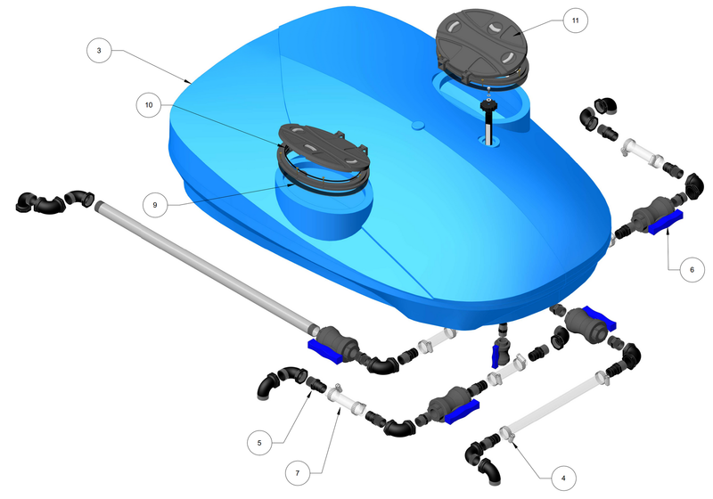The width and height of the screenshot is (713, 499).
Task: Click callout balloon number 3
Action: pos(99,50)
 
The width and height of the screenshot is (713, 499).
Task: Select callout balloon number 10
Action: pos(149,105)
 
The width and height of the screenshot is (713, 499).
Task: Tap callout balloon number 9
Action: pos(154,205)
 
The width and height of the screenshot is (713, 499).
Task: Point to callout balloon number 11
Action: pos(575,20)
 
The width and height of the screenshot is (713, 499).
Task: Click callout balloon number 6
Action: pos(692,269)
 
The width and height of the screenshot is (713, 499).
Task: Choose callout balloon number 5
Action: pos(259,443)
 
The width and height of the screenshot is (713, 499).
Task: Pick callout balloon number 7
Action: pos(298,473)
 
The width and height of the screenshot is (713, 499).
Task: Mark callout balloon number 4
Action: pos(563,479)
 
